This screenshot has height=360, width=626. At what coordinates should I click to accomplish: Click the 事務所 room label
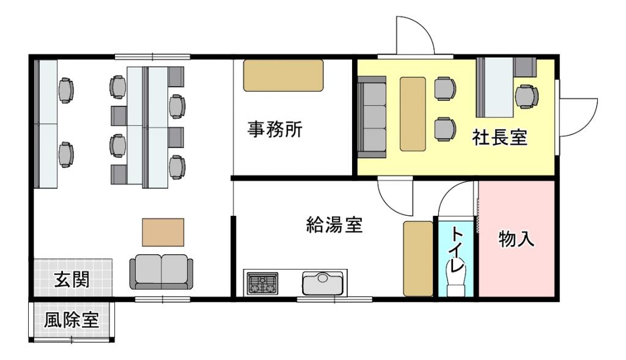274,131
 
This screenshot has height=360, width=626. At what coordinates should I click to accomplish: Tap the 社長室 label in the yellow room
499,138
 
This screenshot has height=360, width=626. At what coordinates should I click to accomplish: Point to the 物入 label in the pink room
517,238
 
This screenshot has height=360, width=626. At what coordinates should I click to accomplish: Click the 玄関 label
72,280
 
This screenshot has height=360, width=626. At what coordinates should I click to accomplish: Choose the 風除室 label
72,320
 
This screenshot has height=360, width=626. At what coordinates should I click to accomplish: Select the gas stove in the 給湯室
262,284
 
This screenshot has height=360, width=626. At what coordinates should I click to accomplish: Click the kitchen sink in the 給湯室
323,283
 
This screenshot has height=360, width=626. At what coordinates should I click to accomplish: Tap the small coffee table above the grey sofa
163,232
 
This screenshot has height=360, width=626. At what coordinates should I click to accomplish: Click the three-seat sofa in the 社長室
372,117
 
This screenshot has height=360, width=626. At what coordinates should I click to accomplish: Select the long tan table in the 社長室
413,114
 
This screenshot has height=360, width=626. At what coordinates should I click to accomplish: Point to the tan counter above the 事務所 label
283,76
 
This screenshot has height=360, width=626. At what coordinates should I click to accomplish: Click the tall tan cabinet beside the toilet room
418,259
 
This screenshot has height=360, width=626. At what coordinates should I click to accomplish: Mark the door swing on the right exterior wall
576,116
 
